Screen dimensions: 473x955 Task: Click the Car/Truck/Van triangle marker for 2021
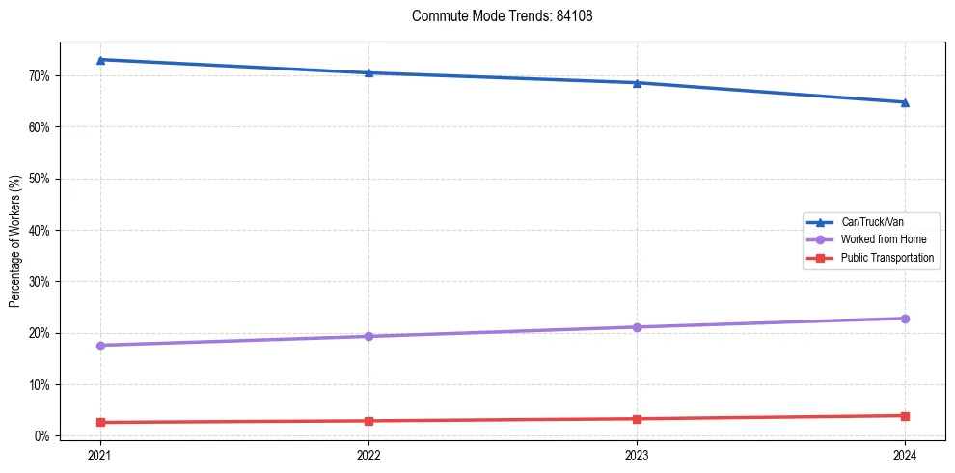click(x=100, y=60)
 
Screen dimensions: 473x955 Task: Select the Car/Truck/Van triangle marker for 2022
click(x=368, y=72)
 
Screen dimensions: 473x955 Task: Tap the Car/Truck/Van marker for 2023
click(x=637, y=83)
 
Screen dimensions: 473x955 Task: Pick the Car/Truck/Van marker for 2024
click(x=905, y=102)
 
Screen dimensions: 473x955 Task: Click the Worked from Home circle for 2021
click(x=100, y=346)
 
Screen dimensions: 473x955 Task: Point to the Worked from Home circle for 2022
click(x=368, y=336)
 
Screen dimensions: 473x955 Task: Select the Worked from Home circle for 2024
click(x=905, y=319)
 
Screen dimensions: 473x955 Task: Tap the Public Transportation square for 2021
click(x=100, y=422)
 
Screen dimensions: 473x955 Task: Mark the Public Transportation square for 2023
click(x=637, y=419)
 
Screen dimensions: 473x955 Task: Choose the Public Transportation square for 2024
click(x=905, y=416)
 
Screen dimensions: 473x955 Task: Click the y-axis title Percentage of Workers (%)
click(x=14, y=241)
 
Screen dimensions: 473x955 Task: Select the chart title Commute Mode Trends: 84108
click(x=495, y=16)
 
